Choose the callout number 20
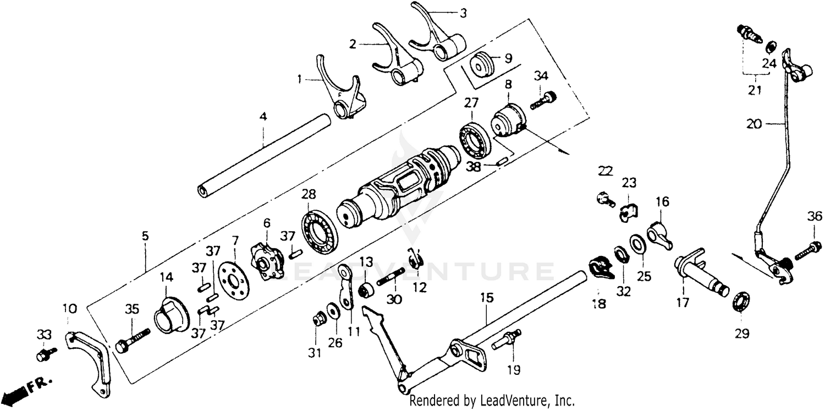tap(755, 124)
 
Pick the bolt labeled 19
tap(509, 341)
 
